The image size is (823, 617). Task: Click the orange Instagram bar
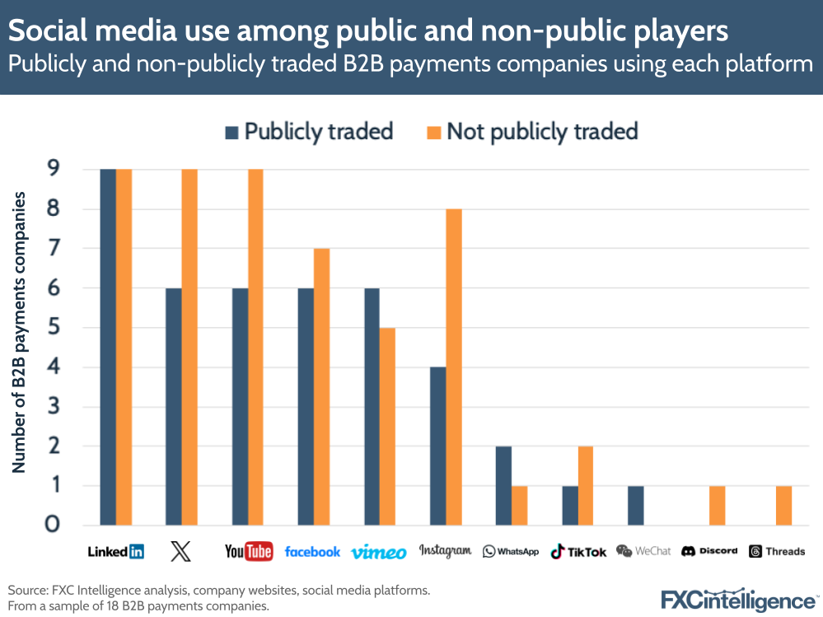(454, 367)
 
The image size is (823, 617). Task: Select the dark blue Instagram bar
(437, 446)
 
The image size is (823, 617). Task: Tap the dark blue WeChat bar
(635, 505)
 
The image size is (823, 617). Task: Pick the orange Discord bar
(718, 505)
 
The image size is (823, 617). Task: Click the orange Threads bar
(783, 505)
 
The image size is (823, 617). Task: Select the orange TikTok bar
(586, 485)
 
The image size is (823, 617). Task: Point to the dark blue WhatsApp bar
(503, 485)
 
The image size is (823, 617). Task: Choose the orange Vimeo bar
(388, 426)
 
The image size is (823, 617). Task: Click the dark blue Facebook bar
(306, 406)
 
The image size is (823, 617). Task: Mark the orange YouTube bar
(256, 347)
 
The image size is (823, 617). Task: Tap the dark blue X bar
(174, 406)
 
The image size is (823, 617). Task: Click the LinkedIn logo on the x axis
(115, 551)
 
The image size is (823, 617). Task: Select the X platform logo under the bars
(180, 551)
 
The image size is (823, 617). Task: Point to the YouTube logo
(248, 551)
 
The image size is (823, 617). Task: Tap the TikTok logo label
(578, 551)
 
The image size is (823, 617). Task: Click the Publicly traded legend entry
(309, 132)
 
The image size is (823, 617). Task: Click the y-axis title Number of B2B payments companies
(19, 332)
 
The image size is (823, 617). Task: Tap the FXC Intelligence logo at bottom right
(738, 600)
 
